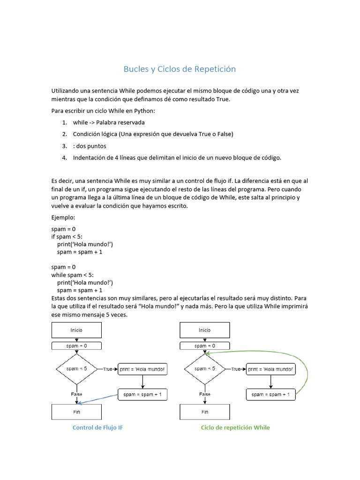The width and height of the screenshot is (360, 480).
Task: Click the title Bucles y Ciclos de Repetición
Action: point(180,69)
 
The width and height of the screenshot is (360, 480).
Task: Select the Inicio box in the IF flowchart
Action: point(76,330)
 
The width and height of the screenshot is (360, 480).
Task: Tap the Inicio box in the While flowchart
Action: point(205,330)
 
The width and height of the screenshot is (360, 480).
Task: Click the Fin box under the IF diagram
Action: point(76,412)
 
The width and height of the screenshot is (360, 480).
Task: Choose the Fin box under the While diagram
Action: point(205,412)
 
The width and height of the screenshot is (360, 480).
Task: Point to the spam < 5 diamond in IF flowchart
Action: point(76,369)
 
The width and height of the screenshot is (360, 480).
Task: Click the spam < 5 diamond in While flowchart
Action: point(205,369)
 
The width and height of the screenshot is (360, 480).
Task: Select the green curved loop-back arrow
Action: point(307,370)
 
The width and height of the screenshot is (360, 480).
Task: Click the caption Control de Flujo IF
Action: point(98,427)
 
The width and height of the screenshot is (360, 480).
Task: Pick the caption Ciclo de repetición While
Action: point(235,427)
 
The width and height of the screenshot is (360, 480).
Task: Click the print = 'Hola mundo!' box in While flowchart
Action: point(271,369)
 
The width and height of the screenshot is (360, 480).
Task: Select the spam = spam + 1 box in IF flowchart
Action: point(142,395)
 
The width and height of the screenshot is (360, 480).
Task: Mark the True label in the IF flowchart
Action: point(108,369)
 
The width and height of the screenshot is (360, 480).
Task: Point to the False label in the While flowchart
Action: point(205,394)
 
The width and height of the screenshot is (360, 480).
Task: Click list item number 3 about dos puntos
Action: point(89,146)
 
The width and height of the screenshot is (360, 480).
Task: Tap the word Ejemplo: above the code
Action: point(63,217)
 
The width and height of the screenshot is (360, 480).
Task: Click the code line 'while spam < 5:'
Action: point(75,275)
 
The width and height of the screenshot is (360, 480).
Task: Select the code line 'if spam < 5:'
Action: point(67,237)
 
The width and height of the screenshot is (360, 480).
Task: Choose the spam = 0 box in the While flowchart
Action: point(205,346)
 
